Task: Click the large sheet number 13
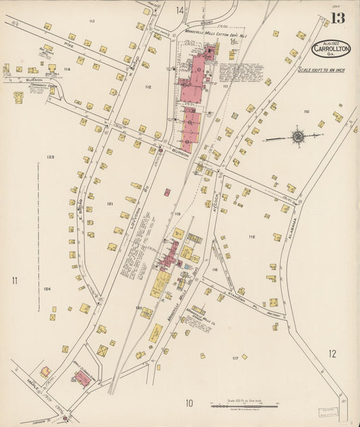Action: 337,18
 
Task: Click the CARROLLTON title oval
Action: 331,49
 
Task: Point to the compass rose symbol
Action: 297,137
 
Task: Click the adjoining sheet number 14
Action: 180,10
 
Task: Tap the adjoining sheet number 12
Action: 332,353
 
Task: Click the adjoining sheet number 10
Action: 190,403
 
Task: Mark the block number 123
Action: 50,157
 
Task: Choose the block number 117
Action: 235,357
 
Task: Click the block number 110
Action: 307,111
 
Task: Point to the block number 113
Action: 91,22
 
